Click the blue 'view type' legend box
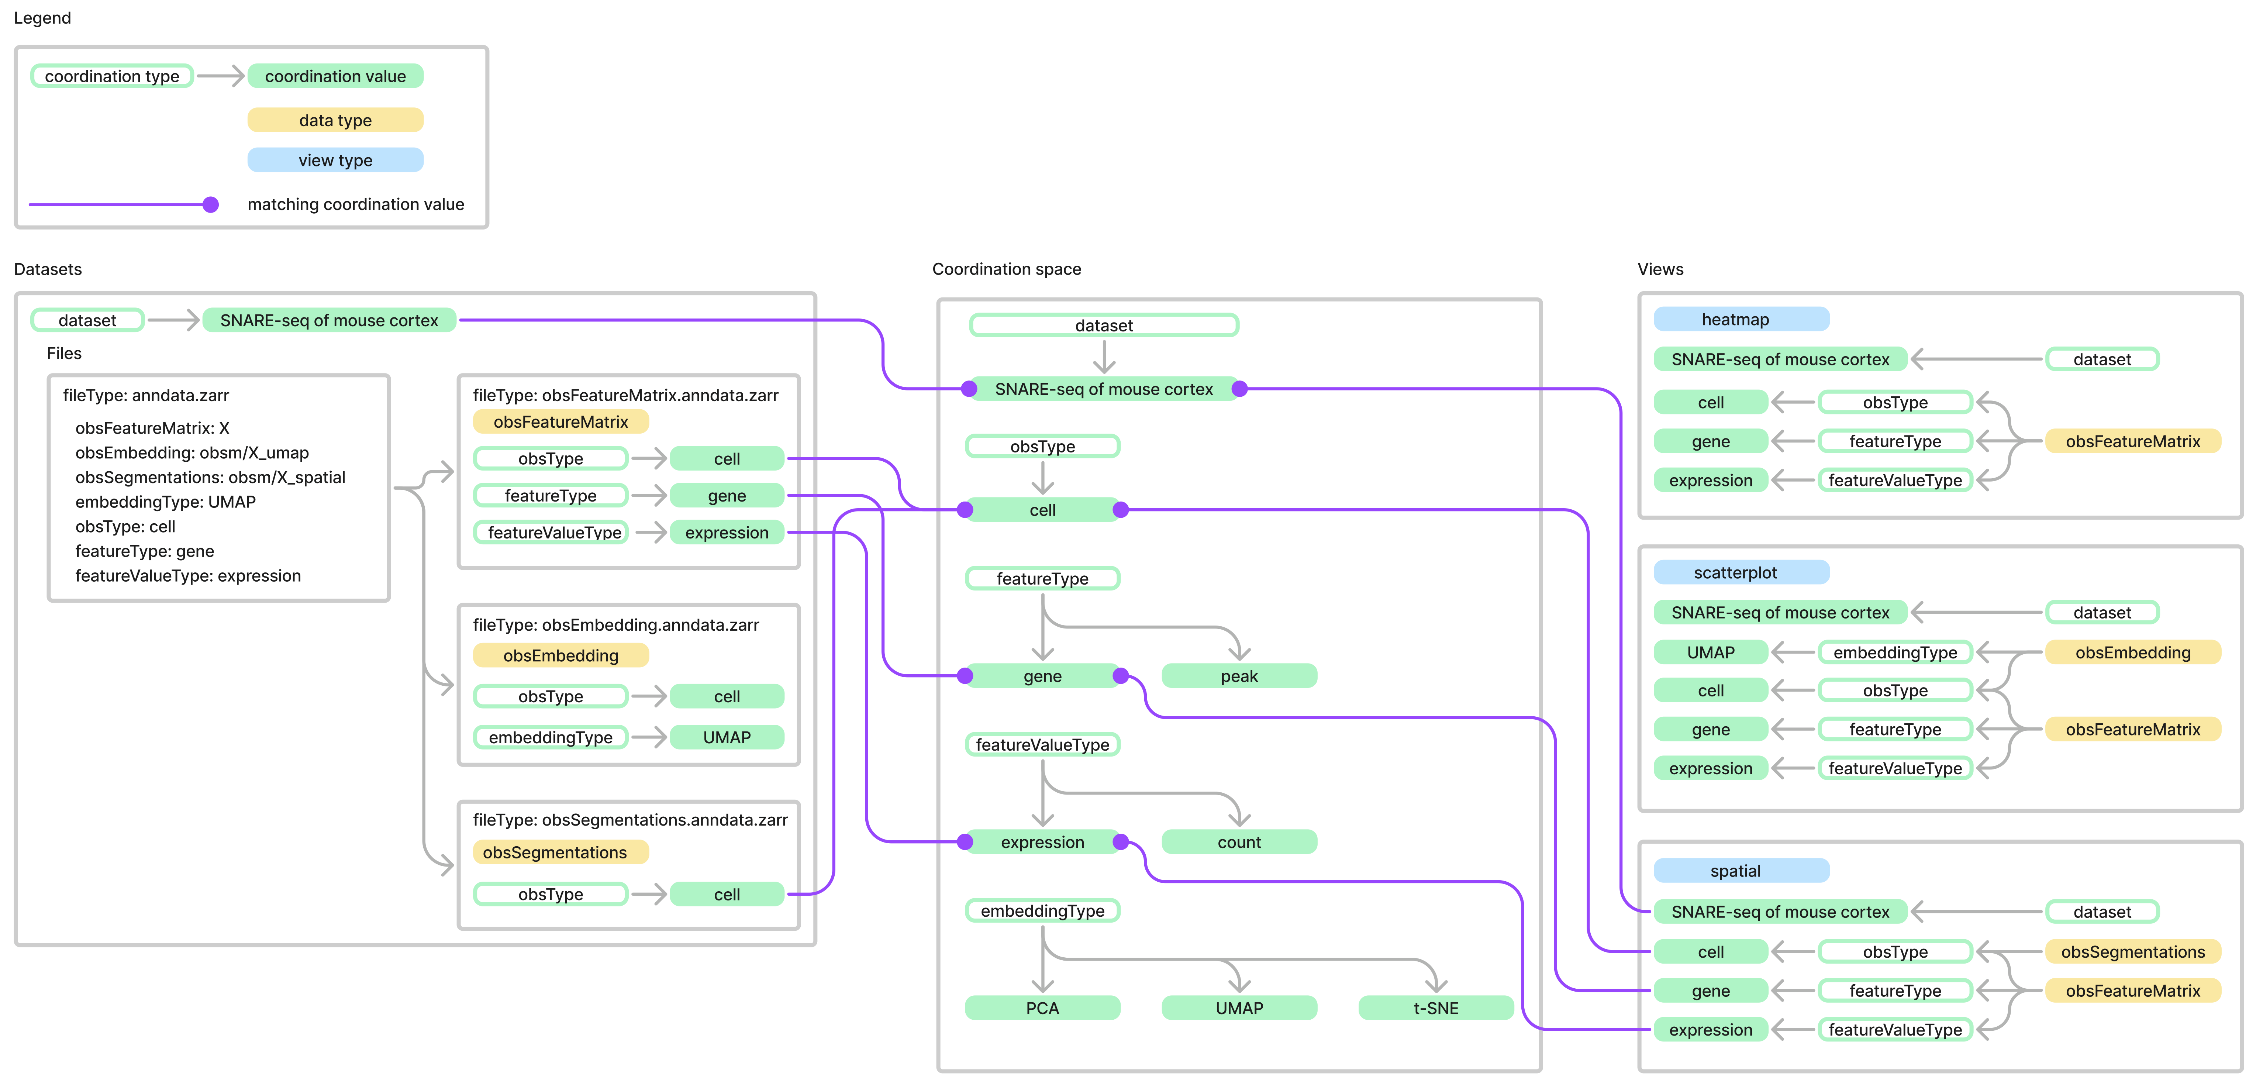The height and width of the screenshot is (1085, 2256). point(335,160)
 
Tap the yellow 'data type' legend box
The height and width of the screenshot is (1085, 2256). point(335,120)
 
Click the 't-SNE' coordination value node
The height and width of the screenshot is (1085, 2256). point(1435,1008)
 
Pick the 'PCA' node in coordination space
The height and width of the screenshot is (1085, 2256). point(1042,1008)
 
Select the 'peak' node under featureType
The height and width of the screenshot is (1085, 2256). point(1238,676)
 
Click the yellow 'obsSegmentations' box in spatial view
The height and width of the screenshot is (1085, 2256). point(2132,952)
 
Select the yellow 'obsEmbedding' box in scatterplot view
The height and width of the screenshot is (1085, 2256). point(2132,652)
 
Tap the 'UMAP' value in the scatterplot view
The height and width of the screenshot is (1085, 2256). point(1710,652)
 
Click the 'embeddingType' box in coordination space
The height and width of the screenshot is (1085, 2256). point(1042,911)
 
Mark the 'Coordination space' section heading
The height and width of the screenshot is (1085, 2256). point(1006,269)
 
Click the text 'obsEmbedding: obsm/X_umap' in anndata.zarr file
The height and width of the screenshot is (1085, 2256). point(192,453)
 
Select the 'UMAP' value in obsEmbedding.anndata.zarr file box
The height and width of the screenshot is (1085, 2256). point(727,737)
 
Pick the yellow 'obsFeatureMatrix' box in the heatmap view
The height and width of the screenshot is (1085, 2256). point(2132,441)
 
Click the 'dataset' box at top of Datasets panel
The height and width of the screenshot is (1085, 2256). point(87,320)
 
